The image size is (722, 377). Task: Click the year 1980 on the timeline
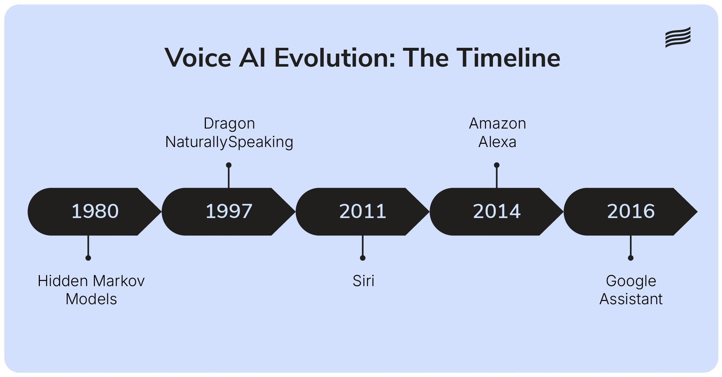coord(95,211)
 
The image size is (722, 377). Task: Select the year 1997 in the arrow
coord(229,211)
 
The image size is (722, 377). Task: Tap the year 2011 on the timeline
coord(363,211)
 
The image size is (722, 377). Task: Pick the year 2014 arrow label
coord(497,211)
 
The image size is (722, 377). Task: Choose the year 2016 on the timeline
coord(631,211)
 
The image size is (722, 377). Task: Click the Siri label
coord(363,281)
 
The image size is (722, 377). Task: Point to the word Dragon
coord(229,124)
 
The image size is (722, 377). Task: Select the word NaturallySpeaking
coord(229,142)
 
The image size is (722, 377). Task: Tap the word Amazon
coord(497,124)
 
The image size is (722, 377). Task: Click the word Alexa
coord(497,142)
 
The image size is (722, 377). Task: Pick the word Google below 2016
coord(631,281)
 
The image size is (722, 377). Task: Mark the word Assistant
coord(631,299)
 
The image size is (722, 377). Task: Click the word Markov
coord(119,281)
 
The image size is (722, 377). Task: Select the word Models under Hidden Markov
coord(91,299)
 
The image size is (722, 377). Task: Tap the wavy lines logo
coord(678,37)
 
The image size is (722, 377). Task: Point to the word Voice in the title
coord(198,58)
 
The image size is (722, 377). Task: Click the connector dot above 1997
coord(229,165)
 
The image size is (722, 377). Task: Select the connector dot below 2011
coord(362,258)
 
